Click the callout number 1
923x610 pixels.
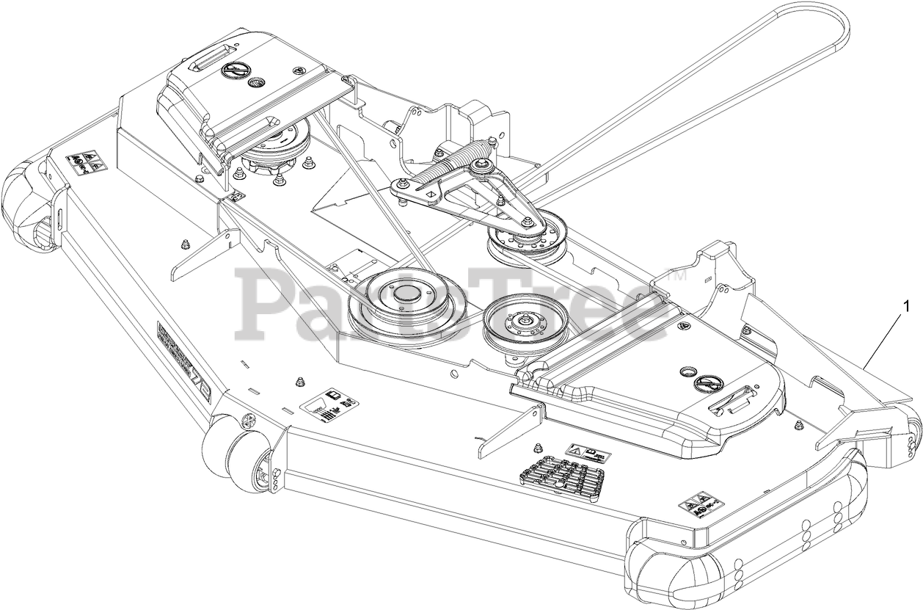coord(908,305)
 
